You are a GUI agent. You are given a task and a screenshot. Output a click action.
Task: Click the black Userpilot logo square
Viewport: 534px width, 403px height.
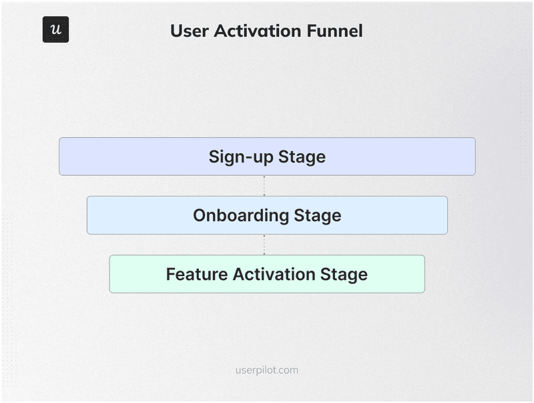[x=55, y=30]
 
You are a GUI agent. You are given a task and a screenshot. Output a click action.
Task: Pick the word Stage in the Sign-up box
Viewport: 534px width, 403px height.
[x=302, y=157]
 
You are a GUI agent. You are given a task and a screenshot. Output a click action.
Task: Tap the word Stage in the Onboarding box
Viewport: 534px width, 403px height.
[x=318, y=215]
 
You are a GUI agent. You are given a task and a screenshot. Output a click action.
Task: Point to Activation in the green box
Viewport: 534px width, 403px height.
[x=266, y=274]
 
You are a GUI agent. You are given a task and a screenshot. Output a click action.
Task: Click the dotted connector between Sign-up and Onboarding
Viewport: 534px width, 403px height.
[x=264, y=186]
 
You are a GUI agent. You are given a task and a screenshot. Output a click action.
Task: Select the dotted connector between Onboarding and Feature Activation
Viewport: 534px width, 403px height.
[x=264, y=245]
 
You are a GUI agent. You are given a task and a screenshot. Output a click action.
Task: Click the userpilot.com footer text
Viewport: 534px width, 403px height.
[x=267, y=370]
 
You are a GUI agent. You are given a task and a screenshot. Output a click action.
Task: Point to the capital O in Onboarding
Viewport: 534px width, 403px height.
[x=200, y=215]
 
